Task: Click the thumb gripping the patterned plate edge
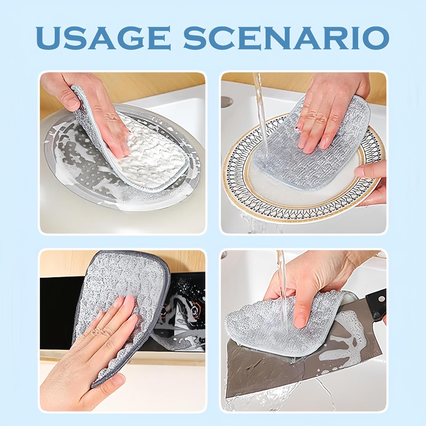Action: point(369,170)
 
